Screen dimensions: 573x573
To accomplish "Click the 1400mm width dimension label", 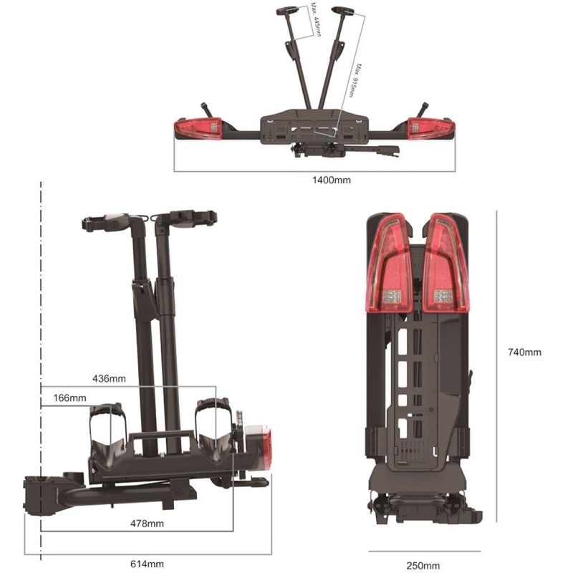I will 332,180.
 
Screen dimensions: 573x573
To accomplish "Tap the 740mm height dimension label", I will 524,352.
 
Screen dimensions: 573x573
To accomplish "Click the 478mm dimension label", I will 148,524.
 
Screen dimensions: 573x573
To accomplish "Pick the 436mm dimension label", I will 109,377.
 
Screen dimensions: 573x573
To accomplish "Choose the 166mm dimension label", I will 69,398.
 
